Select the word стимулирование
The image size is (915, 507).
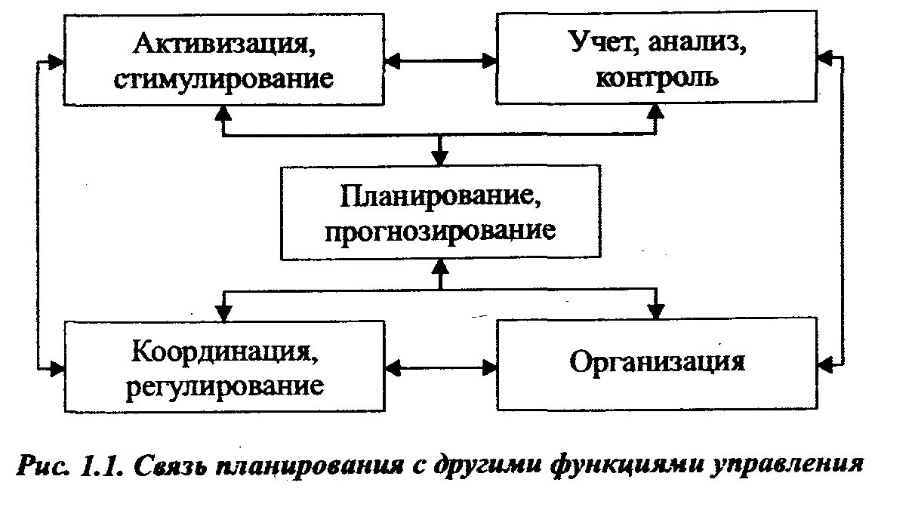point(223,78)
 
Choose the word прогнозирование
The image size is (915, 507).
point(440,229)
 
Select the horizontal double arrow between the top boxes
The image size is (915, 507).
point(439,59)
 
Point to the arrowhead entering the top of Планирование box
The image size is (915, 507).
point(439,158)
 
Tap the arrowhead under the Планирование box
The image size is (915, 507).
point(439,266)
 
